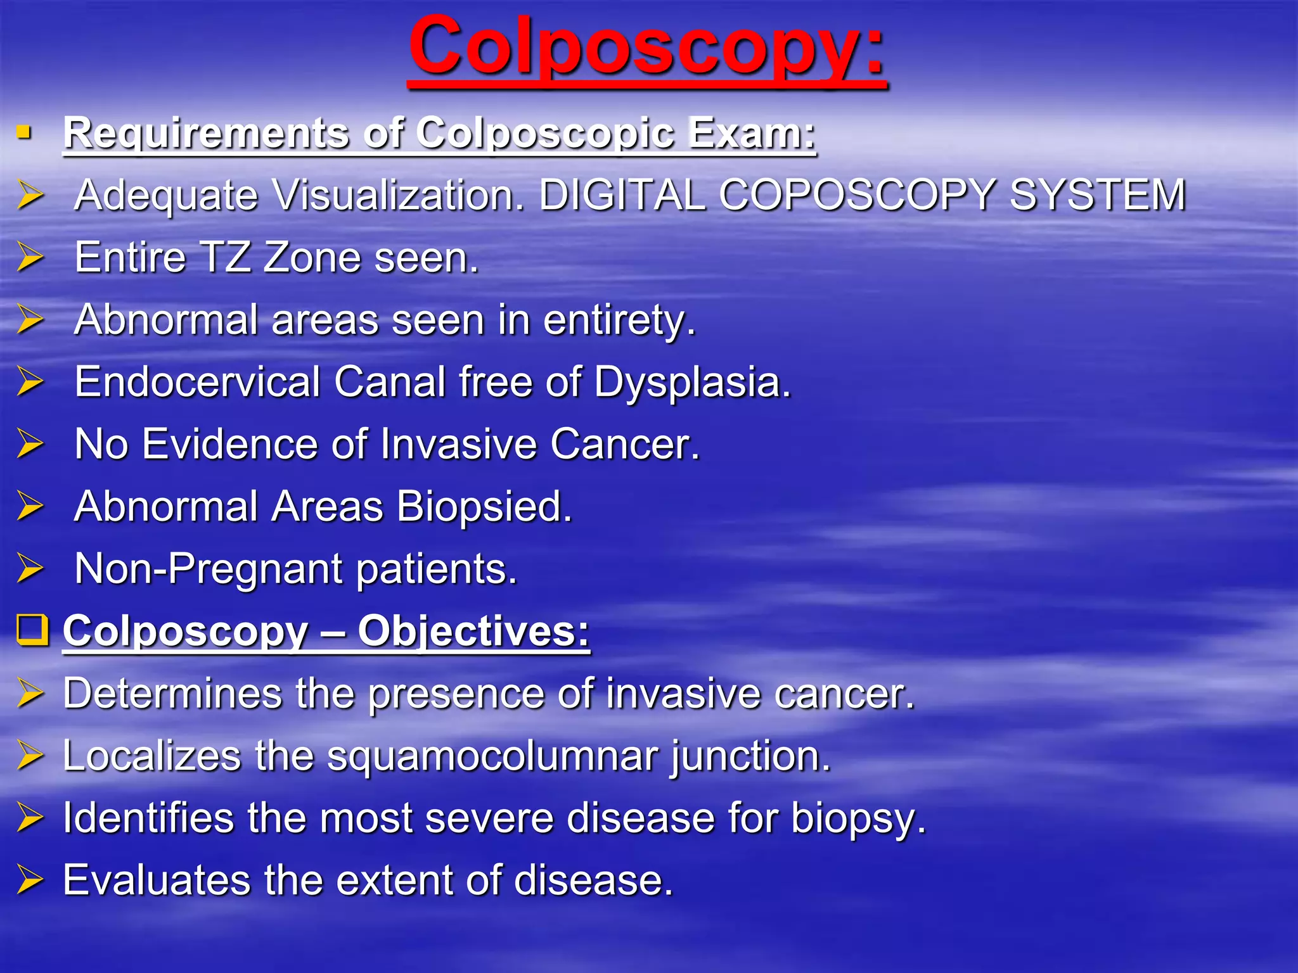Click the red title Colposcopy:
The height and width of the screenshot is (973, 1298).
tap(646, 48)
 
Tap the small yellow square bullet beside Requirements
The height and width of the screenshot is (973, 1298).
tap(24, 132)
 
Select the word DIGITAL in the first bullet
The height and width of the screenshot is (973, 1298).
tap(621, 194)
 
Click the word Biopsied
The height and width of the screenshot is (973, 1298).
tap(484, 507)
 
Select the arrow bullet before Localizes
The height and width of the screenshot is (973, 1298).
tap(30, 755)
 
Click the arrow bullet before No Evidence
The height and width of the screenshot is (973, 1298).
tap(30, 443)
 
